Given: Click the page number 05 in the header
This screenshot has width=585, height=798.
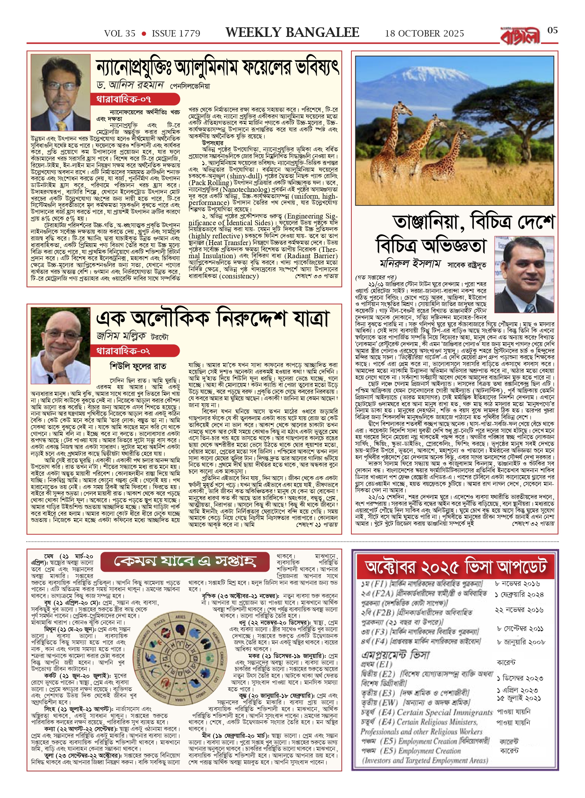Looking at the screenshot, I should [552, 31].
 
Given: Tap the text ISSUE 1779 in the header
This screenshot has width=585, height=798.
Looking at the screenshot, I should [176, 34].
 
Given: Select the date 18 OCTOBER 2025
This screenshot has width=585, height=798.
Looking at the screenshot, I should [424, 34].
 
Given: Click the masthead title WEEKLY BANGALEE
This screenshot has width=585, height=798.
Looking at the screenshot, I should [292, 33].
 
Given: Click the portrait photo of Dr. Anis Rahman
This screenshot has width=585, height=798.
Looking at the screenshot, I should [60, 93].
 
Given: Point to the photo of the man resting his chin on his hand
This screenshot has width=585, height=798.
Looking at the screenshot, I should [60, 346].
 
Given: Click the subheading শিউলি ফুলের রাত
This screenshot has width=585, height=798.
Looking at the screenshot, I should [138, 366].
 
